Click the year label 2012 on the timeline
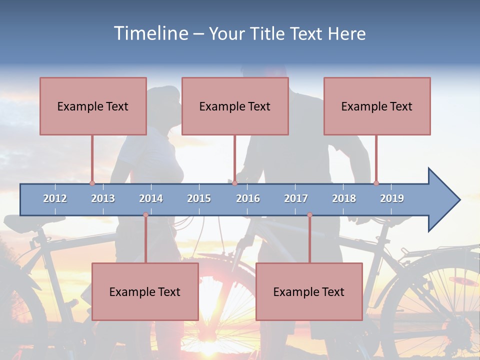coord(55,198)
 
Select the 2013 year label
coord(103,198)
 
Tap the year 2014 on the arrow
coord(151,198)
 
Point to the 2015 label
coord(199,198)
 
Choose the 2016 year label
coord(248,198)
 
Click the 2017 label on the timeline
coord(296,198)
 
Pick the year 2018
coord(344,198)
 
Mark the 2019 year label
coord(392,198)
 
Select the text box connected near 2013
coord(93,106)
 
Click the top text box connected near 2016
coord(235,106)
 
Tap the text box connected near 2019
coord(377,106)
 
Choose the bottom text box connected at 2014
coord(145,291)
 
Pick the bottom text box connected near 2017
coord(309,291)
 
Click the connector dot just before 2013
coord(92,183)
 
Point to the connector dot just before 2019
coord(376,183)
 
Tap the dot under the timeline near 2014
coord(145,214)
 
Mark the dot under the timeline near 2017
coord(309,214)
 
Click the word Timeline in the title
coord(150,33)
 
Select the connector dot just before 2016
coord(234,183)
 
